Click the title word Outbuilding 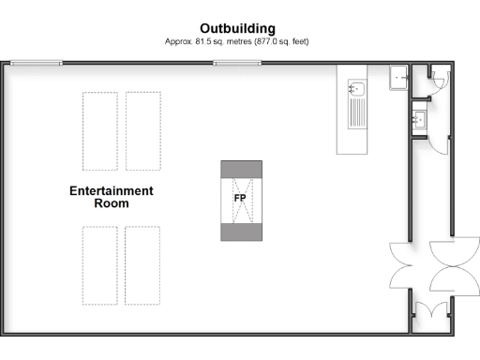240,28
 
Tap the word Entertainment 112,191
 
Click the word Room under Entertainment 112,203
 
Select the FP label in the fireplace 240,199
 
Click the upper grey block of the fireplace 240,168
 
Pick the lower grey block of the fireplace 240,232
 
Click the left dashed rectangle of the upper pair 100,130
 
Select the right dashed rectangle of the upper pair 143,130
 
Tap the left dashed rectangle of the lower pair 99,265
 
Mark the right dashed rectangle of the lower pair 142,265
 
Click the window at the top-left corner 38,63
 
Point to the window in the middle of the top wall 237,63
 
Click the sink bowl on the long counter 356,89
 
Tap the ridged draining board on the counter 356,113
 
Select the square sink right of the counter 400,76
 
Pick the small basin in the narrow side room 420,119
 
